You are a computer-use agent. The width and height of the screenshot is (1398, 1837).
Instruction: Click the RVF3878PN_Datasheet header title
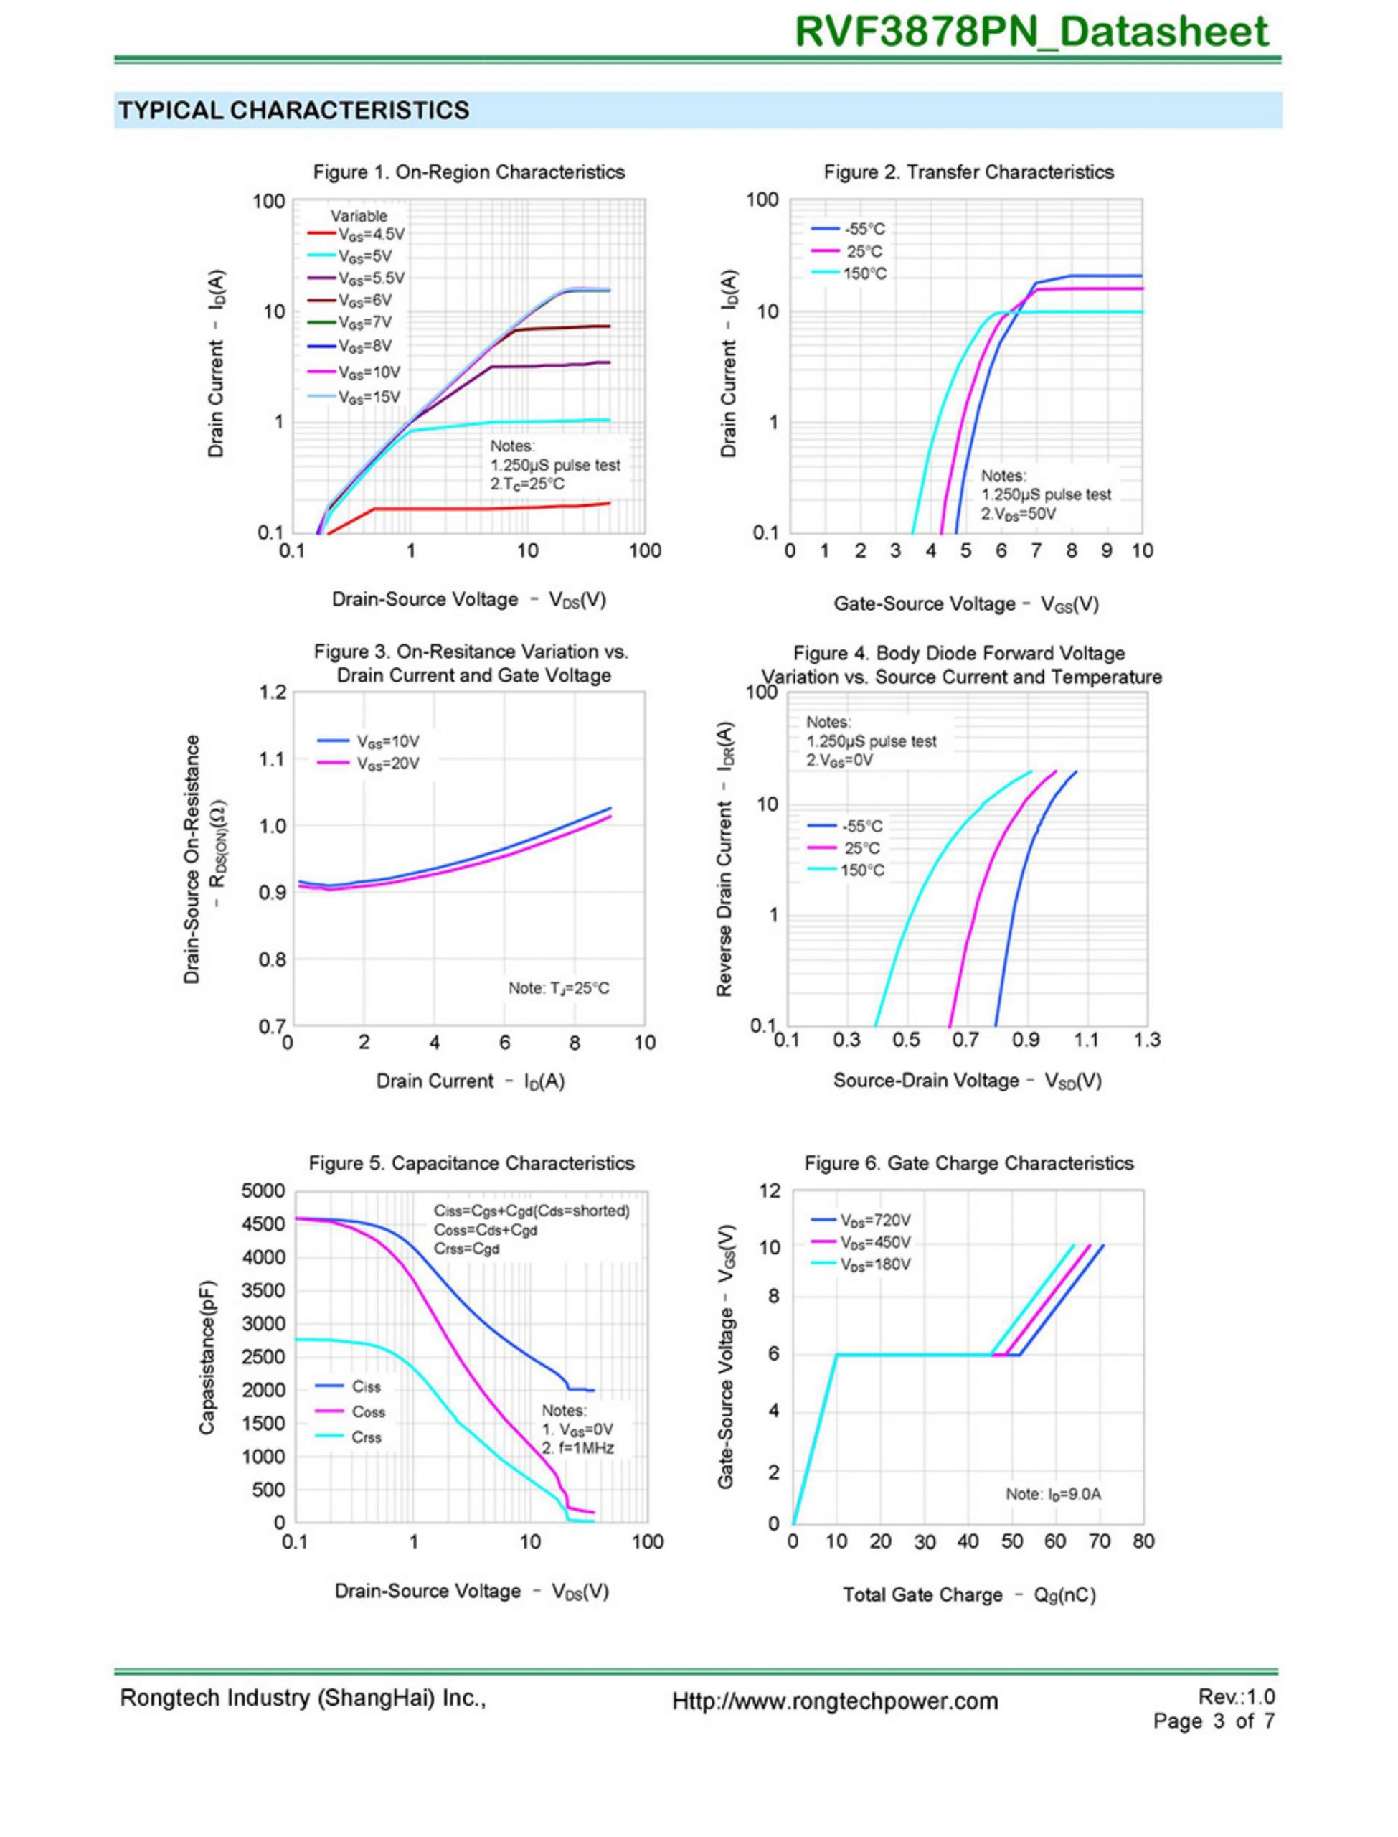pos(1031,32)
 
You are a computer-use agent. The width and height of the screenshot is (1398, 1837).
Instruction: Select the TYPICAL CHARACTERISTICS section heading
pos(294,111)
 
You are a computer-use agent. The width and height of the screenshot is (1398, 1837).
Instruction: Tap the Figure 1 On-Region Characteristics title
pos(468,172)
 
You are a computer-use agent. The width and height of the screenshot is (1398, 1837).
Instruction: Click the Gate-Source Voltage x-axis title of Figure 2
pos(965,604)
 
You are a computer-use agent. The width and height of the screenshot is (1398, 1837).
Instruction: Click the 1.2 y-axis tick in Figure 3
pos(273,692)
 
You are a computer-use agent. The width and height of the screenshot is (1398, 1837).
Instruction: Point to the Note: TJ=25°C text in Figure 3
pos(558,988)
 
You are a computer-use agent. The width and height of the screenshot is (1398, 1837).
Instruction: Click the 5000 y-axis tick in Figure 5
pos(263,1191)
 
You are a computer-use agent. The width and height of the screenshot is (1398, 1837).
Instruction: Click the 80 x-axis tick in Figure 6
pos(1143,1541)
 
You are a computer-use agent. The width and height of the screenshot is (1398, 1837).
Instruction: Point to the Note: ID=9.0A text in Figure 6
pos(1053,1494)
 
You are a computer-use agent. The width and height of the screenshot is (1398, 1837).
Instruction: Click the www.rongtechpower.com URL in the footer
pos(835,1701)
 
